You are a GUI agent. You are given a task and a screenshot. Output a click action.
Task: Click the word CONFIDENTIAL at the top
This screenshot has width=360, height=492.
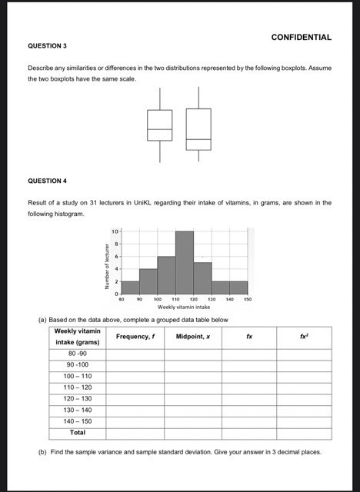[x=302, y=37]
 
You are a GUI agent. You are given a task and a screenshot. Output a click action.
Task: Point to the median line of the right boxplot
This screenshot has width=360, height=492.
[x=198, y=139]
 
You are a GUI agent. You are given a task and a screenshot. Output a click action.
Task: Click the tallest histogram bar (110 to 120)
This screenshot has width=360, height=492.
[x=184, y=261]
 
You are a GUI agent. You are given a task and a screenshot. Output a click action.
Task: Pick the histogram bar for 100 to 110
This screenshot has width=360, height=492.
[x=165, y=274]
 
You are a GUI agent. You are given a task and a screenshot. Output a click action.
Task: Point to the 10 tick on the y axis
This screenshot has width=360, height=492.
[x=114, y=231]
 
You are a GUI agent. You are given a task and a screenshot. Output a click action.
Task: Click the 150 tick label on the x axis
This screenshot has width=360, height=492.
[x=248, y=299]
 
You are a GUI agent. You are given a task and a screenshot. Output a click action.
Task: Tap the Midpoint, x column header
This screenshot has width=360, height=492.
[x=192, y=336]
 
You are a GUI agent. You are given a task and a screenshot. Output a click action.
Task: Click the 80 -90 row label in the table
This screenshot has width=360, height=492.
[x=77, y=353]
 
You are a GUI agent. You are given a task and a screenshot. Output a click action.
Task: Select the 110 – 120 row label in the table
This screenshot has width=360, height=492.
[x=77, y=387]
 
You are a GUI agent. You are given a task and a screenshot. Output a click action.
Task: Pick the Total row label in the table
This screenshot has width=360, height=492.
[x=77, y=433]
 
